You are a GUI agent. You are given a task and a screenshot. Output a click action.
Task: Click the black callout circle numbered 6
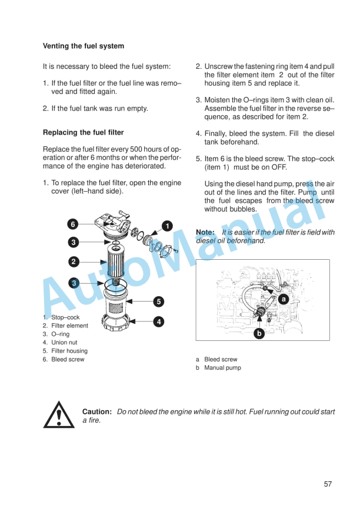pyautogui.click(x=72, y=224)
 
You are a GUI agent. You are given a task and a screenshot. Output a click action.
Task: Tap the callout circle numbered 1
pyautogui.click(x=167, y=226)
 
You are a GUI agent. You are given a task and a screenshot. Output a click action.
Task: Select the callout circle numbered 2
pyautogui.click(x=74, y=262)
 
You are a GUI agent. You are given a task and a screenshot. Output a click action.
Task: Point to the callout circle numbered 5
pyautogui.click(x=158, y=302)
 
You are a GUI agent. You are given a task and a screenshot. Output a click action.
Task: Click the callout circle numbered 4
pyautogui.click(x=158, y=321)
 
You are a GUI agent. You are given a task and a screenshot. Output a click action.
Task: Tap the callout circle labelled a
pyautogui.click(x=284, y=299)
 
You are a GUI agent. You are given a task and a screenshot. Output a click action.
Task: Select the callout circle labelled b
pyautogui.click(x=259, y=333)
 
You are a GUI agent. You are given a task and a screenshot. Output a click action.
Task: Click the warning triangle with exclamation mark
pyautogui.click(x=59, y=414)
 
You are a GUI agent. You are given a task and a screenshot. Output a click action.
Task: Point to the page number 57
pyautogui.click(x=328, y=484)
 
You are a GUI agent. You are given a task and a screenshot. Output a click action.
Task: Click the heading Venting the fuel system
pyautogui.click(x=84, y=46)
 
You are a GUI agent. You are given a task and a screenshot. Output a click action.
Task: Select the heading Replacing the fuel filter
pyautogui.click(x=84, y=133)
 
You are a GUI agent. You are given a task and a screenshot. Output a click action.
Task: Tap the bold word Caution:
pyautogui.click(x=97, y=412)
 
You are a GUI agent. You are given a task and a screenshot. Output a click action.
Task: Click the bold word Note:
pyautogui.click(x=205, y=232)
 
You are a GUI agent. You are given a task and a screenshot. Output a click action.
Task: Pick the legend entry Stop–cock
pyautogui.click(x=65, y=317)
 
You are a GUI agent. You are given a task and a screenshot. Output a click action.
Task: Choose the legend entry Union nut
pyautogui.click(x=64, y=343)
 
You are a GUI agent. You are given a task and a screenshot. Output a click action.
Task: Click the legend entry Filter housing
pyautogui.click(x=69, y=351)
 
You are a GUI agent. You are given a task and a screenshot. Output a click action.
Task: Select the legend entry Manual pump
pyautogui.click(x=222, y=368)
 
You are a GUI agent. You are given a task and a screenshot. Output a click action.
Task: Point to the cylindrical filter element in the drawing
pyautogui.click(x=116, y=261)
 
